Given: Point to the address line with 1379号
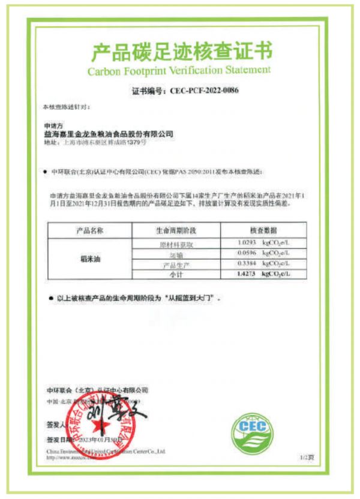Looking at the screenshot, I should [96, 143].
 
